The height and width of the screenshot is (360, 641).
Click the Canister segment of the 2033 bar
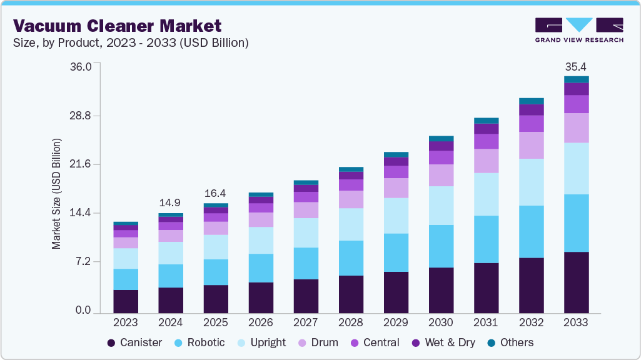click(576, 282)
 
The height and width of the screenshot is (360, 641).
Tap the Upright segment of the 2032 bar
click(531, 182)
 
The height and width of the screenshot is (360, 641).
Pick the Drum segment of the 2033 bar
click(576, 127)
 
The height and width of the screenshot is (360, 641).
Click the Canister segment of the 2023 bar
click(126, 301)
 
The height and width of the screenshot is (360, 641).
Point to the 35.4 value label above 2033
click(576, 67)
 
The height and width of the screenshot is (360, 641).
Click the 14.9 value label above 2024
click(171, 202)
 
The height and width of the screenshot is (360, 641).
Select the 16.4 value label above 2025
click(216, 193)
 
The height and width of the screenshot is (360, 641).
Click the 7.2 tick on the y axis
click(84, 261)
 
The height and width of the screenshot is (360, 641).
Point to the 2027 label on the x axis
click(306, 323)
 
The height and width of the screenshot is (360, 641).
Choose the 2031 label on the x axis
click(486, 323)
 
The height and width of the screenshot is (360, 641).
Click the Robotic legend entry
click(200, 342)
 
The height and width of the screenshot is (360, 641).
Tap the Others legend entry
click(510, 342)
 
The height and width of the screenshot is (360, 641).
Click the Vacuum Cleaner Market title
click(118, 26)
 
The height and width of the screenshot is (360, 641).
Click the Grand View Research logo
click(578, 29)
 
